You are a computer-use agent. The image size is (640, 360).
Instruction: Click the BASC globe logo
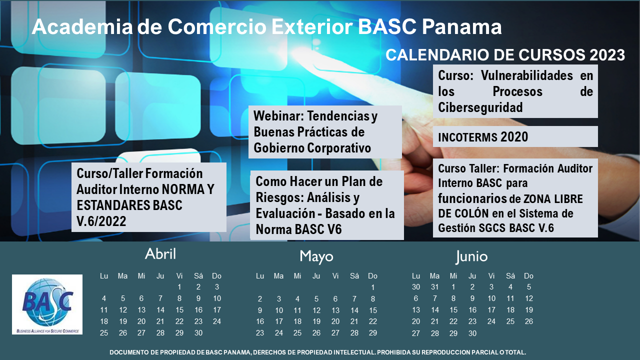pyautogui.click(x=47, y=304)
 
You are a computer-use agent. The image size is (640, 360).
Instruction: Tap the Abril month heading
pyautogui.click(x=160, y=253)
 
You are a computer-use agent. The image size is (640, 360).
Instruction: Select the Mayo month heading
pyautogui.click(x=316, y=256)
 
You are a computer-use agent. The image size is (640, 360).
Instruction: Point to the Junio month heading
pyautogui.click(x=471, y=256)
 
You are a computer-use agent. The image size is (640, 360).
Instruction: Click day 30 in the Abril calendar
pyautogui.click(x=198, y=333)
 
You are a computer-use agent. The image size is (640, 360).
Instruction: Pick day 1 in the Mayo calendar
pyautogui.click(x=372, y=287)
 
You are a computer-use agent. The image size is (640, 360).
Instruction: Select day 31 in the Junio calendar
pyautogui.click(x=434, y=287)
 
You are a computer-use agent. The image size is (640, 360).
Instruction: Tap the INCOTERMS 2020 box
pyautogui.click(x=515, y=136)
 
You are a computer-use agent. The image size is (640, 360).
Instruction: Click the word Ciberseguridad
pyautogui.click(x=480, y=107)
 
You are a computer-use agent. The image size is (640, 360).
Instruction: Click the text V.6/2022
pyautogui.click(x=101, y=221)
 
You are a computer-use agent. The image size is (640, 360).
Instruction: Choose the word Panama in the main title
pyautogui.click(x=461, y=27)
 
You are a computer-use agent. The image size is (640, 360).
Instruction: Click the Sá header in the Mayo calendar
pyautogui.click(x=354, y=276)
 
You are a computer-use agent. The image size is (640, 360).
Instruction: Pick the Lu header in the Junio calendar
pyautogui.click(x=415, y=276)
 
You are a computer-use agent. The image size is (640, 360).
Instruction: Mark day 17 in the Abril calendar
pyautogui.click(x=217, y=310)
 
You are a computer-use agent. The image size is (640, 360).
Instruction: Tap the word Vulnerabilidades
pyautogui.click(x=526, y=75)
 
